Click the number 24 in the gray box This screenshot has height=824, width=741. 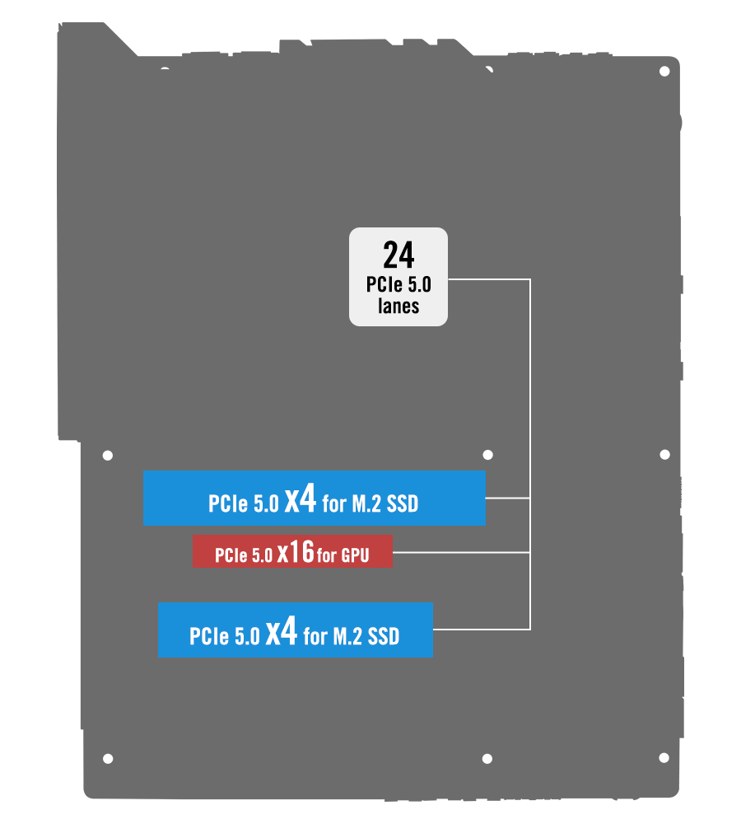pyautogui.click(x=398, y=256)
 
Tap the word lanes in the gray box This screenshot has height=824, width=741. pyautogui.click(x=398, y=306)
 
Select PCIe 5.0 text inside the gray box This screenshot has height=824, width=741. pyautogui.click(x=398, y=285)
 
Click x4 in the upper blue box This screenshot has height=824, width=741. pyautogui.click(x=301, y=500)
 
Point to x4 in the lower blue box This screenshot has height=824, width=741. pyautogui.click(x=281, y=632)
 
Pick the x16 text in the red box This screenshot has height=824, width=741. pyautogui.click(x=296, y=553)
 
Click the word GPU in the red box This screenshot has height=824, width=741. pyautogui.click(x=355, y=556)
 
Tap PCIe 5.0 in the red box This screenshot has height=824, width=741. pyautogui.click(x=244, y=556)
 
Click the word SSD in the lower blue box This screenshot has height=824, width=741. pyautogui.click(x=383, y=636)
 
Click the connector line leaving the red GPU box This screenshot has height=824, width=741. pyautogui.click(x=461, y=552)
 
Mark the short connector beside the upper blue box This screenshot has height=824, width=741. pyautogui.click(x=507, y=498)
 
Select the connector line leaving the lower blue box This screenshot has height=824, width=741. pyautogui.click(x=482, y=630)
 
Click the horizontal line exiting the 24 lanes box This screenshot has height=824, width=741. pyautogui.click(x=489, y=279)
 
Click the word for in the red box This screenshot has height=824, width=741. pyautogui.click(x=327, y=556)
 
